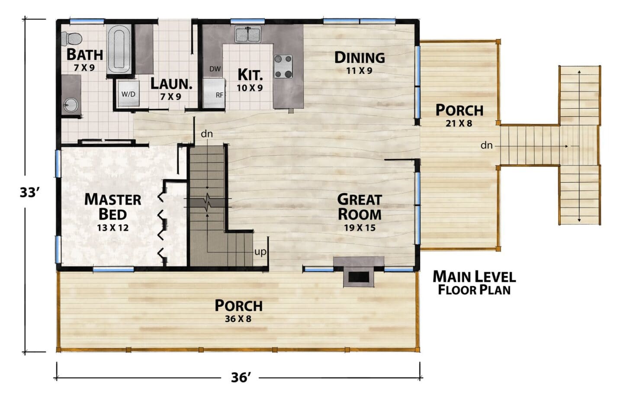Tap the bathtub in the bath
119,49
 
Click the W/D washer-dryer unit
128,94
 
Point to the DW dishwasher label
215,69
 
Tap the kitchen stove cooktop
283,67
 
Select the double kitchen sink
247,34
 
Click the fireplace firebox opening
359,277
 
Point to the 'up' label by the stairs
260,252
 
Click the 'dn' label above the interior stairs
207,134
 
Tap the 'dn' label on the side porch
486,145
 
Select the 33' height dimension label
30,192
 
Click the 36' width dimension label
241,378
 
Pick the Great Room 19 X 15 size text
360,228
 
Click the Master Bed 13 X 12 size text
112,228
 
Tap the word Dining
360,57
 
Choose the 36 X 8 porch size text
238,319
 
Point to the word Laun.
171,83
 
